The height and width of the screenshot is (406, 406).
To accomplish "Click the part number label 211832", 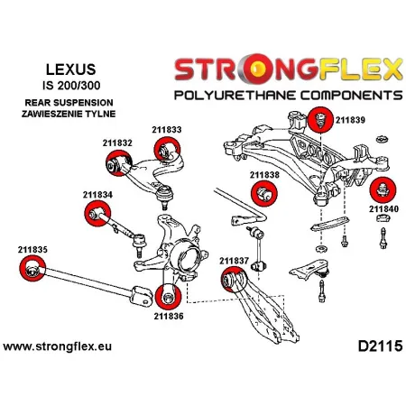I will tap(118, 143).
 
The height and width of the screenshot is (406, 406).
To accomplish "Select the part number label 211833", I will tap(167, 130).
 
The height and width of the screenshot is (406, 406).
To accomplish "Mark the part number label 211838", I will tap(264, 174).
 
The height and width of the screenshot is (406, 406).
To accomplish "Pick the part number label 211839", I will tap(350, 118).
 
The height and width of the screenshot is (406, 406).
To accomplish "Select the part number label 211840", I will tap(383, 208).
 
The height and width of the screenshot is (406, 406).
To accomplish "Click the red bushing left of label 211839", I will tap(318, 118).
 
